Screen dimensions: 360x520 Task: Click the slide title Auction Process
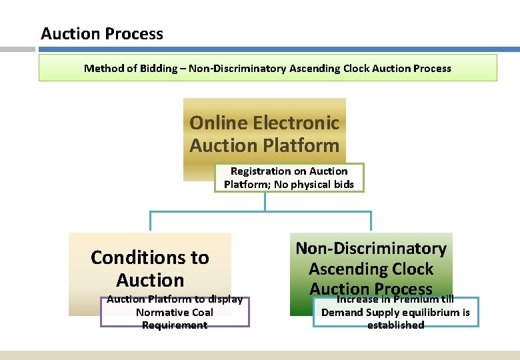point(101,33)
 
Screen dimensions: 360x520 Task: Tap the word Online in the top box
point(218,123)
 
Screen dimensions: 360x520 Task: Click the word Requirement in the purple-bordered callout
point(175,325)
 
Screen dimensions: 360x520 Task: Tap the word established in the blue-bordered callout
point(395,325)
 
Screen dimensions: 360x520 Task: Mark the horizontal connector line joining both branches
point(260,212)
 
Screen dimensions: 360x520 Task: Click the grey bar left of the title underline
point(17,49)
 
